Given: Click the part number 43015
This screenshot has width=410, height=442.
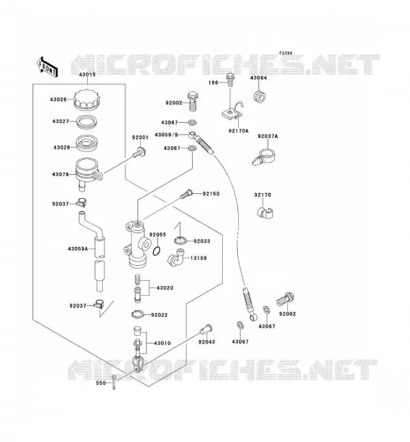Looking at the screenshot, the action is [87, 75].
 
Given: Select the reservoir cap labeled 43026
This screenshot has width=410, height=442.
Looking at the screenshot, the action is [87, 99].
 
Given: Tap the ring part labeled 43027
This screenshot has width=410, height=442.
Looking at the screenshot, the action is [87, 122].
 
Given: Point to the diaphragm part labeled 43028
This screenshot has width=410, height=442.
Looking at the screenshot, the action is [87, 143].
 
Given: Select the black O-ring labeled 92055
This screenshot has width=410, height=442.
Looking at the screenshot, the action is [157, 251].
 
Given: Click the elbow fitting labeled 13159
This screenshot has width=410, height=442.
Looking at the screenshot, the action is [175, 258].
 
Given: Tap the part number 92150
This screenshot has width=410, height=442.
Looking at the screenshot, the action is [211, 194].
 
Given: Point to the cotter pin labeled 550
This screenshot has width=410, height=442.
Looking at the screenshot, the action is [113, 382].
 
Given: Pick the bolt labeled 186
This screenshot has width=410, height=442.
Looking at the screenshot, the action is [230, 80].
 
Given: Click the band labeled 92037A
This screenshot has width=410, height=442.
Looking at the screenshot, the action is [264, 157].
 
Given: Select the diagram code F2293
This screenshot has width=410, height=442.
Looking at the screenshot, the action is [286, 53].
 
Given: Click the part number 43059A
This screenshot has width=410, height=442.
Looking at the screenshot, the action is [77, 249].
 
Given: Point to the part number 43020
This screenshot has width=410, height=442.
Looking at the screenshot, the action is [165, 288].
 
